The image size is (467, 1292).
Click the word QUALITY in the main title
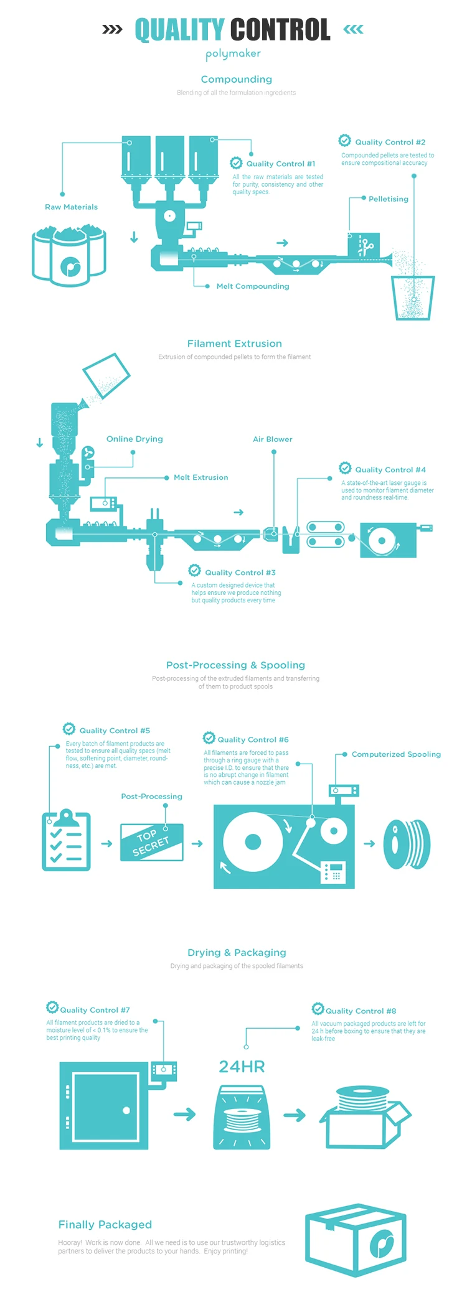pos(179,29)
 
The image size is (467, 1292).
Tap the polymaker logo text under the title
pos(233,54)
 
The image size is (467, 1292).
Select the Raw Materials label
pos(71,207)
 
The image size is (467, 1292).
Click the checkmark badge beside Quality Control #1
pos(236,163)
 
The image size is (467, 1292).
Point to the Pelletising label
pos(388,199)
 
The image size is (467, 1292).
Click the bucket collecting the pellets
pos(413,297)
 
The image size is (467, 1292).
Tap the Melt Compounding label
pos(253,286)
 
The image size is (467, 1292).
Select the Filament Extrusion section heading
pos(234,344)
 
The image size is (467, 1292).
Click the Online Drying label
pos(134,439)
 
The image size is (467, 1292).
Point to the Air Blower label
pos(272,439)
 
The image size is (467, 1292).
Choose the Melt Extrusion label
pos(200,477)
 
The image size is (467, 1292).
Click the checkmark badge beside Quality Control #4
pos(345,468)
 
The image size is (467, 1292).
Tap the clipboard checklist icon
pos(66,840)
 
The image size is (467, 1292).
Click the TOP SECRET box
pos(151,842)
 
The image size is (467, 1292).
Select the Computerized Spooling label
pos(396,754)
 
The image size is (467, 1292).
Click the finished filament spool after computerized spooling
pos(407,844)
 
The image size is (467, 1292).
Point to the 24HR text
pos(242,1067)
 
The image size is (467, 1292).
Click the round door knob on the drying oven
pos(126,1110)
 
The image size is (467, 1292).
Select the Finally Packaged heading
pos(105,1225)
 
